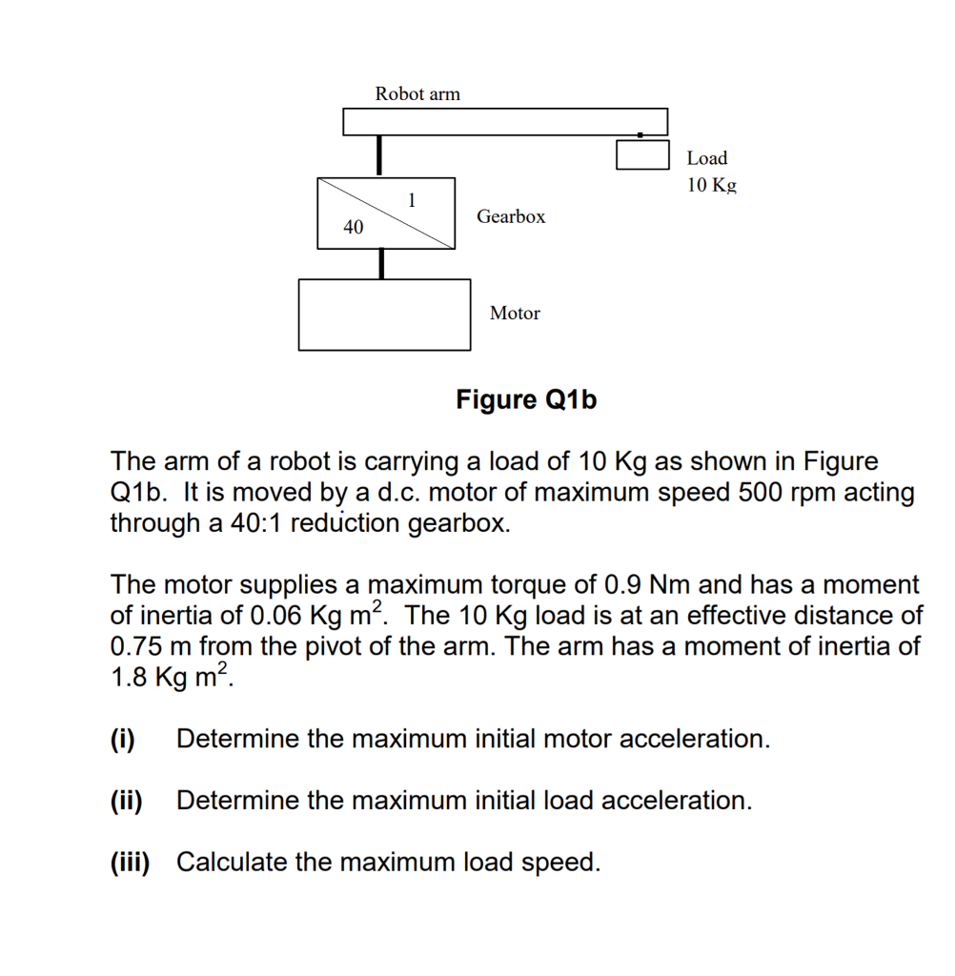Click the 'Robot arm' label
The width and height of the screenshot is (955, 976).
tap(417, 93)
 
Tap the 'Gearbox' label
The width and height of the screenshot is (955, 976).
tap(511, 216)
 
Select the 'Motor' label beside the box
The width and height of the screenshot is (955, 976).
tap(515, 313)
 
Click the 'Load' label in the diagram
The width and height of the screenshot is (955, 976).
tap(706, 158)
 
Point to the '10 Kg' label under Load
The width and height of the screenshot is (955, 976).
tap(712, 184)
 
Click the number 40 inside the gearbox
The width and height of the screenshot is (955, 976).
tap(354, 227)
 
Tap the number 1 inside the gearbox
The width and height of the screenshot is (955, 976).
tap(412, 200)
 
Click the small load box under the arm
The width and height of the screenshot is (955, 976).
tap(641, 154)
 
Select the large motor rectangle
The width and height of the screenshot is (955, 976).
tap(384, 315)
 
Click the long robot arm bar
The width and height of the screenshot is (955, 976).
tap(504, 122)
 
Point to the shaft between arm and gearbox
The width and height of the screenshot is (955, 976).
tap(380, 156)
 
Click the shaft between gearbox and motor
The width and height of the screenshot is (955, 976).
tap(382, 263)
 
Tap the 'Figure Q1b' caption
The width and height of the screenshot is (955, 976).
tap(526, 399)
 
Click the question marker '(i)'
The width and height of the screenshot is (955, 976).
tap(122, 739)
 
